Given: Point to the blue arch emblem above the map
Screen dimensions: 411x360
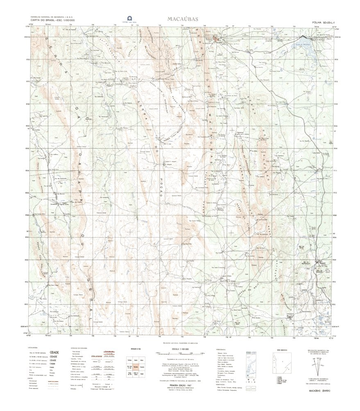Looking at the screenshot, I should pyautogui.click(x=130, y=18).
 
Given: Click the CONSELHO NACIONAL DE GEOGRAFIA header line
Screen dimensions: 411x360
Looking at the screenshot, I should pyautogui.click(x=49, y=18).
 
